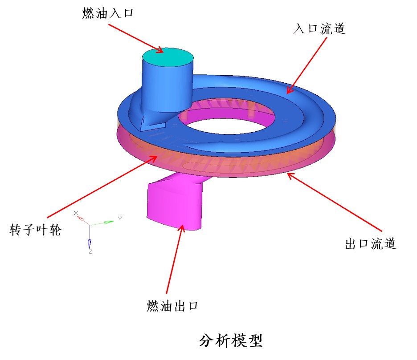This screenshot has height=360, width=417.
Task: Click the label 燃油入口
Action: click(108, 13)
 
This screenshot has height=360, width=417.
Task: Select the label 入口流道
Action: click(319, 28)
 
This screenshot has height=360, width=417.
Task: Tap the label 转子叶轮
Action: click(35, 230)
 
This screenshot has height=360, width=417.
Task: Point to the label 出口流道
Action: click(371, 243)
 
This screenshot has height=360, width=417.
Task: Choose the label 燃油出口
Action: click(172, 306)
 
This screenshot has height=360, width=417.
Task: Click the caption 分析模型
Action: click(231, 340)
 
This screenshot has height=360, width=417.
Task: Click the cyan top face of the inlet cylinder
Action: click(168, 57)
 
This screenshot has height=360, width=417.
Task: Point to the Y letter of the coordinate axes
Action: click(120, 218)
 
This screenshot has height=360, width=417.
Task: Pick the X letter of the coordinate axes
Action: click(76, 213)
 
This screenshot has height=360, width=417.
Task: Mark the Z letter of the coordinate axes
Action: click(90, 251)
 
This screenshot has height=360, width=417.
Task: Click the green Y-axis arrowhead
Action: click(109, 222)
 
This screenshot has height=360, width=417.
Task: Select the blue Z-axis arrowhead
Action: click(90, 243)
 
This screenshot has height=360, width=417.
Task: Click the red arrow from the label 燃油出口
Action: click(175, 259)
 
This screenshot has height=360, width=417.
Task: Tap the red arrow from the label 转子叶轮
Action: click(102, 186)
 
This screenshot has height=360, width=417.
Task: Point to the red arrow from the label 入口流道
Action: click(307, 65)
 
